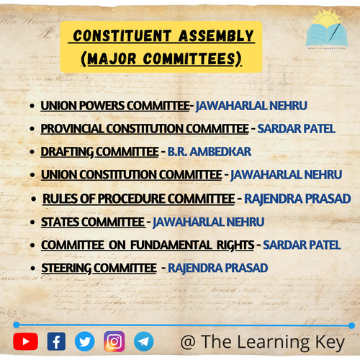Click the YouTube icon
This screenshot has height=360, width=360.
[26, 341]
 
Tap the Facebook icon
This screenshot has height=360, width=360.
[56, 341]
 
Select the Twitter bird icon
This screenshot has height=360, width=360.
[84, 341]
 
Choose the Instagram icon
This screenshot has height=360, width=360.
[114, 341]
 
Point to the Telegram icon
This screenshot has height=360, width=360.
[144, 341]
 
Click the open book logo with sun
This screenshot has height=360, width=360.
[327, 29]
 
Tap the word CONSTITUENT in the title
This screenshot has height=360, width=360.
[122, 36]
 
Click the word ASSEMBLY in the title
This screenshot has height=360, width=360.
[216, 36]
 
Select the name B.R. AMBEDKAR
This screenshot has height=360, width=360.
[210, 152]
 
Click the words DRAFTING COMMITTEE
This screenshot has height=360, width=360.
[99, 152]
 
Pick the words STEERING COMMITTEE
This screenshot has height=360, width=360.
[99, 268]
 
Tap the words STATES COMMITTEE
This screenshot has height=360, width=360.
[93, 222]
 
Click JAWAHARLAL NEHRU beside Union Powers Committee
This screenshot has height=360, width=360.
[251, 106]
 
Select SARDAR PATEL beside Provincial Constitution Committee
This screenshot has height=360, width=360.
[297, 129]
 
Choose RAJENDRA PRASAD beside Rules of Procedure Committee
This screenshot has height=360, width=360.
[297, 199]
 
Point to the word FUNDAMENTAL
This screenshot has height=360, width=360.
[171, 245]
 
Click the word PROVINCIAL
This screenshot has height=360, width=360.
[72, 129]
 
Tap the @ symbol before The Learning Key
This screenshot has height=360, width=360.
[188, 342]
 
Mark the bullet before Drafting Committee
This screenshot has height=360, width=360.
[32, 152]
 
